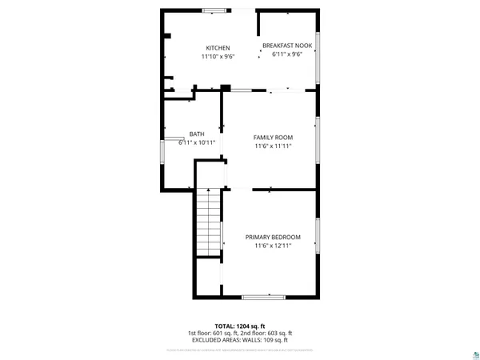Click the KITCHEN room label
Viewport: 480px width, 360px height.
coord(218,48)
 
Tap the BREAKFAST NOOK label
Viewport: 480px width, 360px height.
coord(286,46)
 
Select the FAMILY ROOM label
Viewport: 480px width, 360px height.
coord(273,138)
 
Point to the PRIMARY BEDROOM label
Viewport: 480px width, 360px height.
coord(273,237)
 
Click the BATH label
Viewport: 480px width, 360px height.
coord(196,134)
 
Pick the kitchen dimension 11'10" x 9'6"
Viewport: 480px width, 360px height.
coord(218,57)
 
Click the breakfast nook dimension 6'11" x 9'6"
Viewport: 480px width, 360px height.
coord(286,54)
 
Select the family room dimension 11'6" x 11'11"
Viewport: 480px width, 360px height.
coord(273,146)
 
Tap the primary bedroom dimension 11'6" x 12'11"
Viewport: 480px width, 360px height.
coord(273,246)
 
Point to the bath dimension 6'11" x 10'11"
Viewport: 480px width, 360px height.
coord(193,142)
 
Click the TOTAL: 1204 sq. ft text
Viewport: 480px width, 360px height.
coord(239,326)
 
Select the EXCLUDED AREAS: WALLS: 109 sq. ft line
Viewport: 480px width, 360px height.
coord(240,339)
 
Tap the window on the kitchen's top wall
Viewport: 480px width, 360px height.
coord(214,10)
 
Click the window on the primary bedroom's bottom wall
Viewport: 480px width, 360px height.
coord(263,297)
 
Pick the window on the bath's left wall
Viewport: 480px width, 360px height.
coord(162,151)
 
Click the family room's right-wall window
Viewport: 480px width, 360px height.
coord(318,136)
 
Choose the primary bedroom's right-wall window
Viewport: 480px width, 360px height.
coord(318,237)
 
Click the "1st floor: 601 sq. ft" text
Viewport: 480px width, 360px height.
coord(212,333)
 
